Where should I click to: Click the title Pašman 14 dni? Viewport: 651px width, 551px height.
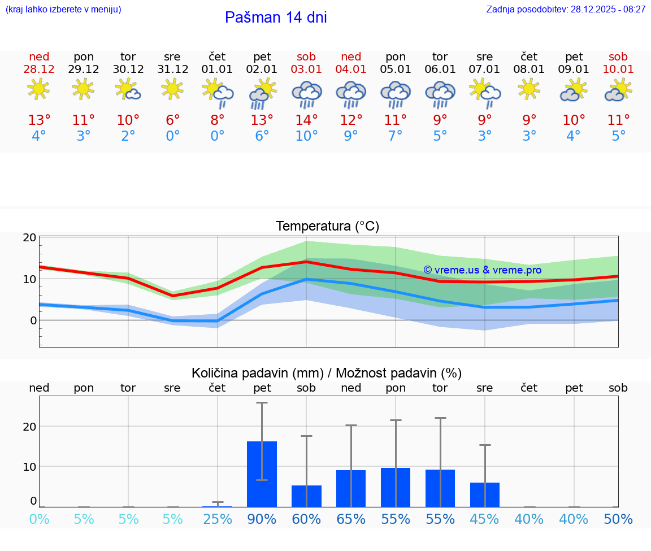coord(276,18)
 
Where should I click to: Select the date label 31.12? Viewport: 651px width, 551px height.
coord(172,70)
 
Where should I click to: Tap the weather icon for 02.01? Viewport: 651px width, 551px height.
coord(262,94)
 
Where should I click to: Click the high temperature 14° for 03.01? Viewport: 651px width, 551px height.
coord(306,120)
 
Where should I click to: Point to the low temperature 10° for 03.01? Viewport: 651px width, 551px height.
coord(306,136)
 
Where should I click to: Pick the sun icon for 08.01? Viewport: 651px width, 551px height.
coord(529,89)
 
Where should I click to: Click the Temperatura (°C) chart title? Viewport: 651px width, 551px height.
coord(327,227)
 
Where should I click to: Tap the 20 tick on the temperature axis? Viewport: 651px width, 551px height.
coord(29,237)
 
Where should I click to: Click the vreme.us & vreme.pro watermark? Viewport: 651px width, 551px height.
coord(482,270)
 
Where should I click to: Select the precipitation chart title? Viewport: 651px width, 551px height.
coord(327,373)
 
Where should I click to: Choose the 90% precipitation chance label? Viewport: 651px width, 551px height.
coord(262,519)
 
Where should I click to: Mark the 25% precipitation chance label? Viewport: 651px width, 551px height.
coord(218,519)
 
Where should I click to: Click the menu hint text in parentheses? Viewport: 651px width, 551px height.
coord(63,10)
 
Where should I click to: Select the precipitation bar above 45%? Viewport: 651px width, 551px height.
coord(485,494)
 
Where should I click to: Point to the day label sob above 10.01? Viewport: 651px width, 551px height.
coord(618,57)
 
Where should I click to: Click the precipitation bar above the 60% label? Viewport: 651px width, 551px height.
coord(306,496)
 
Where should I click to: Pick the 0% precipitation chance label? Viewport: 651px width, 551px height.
coord(39,519)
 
